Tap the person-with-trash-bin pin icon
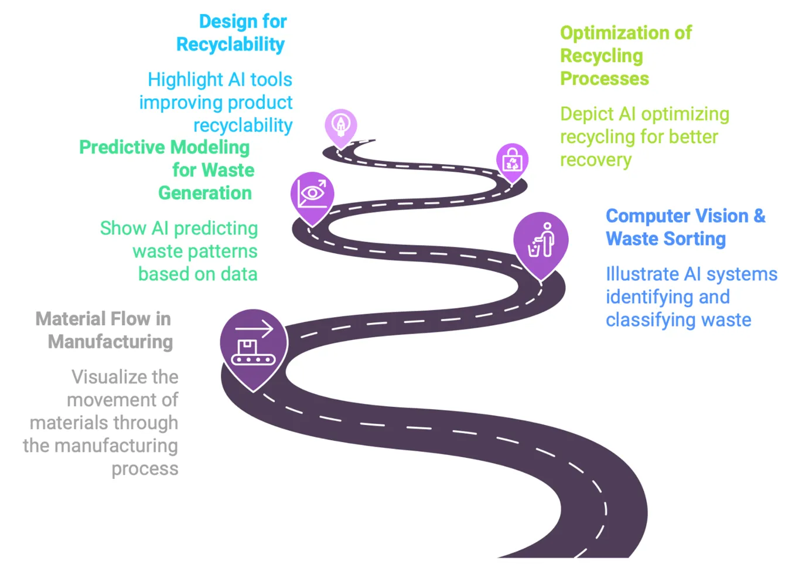pos(541,241)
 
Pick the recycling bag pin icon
pos(512,160)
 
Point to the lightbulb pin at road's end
pos(341,124)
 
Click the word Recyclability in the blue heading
pos(230,45)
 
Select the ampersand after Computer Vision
pos(759,216)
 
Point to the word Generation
pos(205,193)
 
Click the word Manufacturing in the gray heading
pos(111,342)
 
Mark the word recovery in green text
pos(596,160)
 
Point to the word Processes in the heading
pos(605,79)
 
